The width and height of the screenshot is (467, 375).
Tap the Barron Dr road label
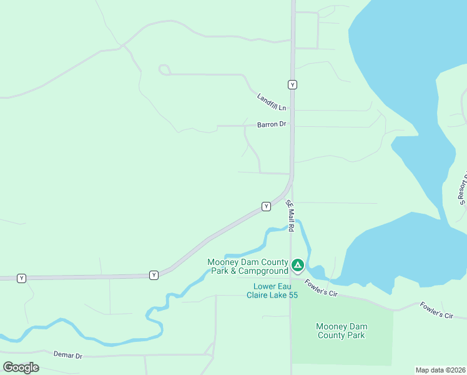(x=271, y=124)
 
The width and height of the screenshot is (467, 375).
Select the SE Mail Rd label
(x=290, y=216)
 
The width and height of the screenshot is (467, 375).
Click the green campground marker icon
(x=298, y=266)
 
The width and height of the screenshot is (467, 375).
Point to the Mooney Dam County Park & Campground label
(x=248, y=266)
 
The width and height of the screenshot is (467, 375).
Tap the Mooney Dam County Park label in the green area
(x=340, y=331)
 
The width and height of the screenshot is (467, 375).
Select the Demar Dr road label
(x=68, y=355)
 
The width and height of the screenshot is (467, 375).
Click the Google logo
(x=21, y=367)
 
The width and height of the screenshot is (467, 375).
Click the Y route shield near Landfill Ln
(x=292, y=84)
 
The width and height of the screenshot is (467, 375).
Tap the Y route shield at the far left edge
(x=22, y=278)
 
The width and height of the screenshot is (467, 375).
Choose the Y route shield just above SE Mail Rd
(x=266, y=206)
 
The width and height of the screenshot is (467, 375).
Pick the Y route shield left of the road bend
(x=154, y=275)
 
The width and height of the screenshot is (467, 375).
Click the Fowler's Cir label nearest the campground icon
(x=322, y=288)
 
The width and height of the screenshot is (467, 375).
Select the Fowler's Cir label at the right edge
(x=436, y=311)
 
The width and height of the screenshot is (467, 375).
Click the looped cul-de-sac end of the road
(x=164, y=69)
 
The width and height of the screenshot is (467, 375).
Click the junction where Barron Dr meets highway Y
(x=292, y=126)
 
